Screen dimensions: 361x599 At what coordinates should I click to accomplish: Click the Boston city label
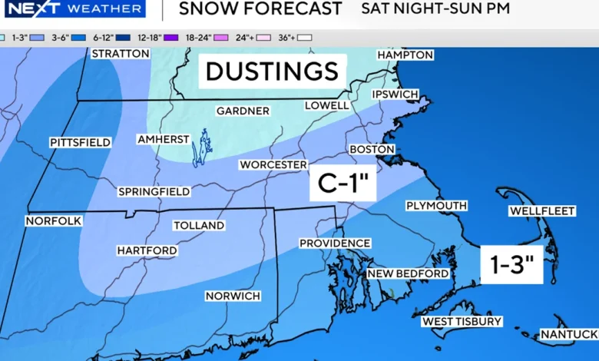point(372,149)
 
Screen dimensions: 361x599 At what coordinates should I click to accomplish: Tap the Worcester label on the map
point(273,164)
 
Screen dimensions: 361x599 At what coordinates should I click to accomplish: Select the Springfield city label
point(154,190)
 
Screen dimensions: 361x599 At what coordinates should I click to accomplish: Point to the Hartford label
point(147,250)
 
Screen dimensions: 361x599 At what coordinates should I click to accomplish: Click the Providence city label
point(335,243)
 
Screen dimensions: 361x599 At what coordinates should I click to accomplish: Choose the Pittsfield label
point(81,142)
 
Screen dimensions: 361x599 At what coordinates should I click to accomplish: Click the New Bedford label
point(408,273)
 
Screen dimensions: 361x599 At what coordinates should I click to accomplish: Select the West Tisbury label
point(461,321)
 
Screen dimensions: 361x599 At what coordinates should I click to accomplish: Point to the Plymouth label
point(436,205)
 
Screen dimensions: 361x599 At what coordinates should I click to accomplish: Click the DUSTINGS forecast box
point(272,71)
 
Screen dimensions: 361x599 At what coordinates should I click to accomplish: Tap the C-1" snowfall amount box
point(343,184)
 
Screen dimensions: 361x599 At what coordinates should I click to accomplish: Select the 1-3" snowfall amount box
point(511,265)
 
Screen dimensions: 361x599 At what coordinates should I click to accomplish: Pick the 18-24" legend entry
point(195,36)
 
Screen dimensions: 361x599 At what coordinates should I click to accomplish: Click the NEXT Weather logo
point(73,9)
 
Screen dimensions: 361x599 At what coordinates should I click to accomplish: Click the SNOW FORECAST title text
point(260,9)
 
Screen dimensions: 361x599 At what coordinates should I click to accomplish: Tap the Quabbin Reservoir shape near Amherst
point(201,147)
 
